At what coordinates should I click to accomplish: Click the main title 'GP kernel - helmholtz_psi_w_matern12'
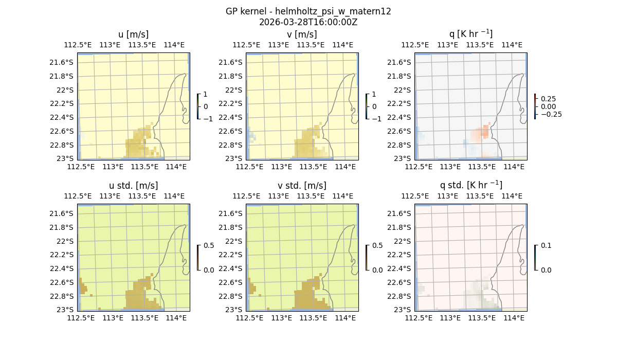[x=308, y=11]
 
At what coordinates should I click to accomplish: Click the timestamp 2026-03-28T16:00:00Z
[x=308, y=22]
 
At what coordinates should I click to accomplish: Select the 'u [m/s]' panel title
[x=133, y=34]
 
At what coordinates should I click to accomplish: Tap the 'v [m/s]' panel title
[x=302, y=34]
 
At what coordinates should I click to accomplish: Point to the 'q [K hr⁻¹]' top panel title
[x=470, y=34]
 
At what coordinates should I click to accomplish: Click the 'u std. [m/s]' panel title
[x=133, y=186]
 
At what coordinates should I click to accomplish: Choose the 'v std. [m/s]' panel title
[x=302, y=186]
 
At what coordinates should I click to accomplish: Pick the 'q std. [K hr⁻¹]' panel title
[x=470, y=185]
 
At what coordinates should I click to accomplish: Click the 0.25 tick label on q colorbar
[x=548, y=99]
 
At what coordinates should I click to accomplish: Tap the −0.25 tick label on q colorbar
[x=551, y=114]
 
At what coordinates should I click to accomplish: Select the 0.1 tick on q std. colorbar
[x=545, y=246]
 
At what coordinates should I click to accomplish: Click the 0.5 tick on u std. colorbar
[x=209, y=246]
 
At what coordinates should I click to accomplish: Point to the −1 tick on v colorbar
[x=376, y=118]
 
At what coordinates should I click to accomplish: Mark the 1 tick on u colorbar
[x=206, y=95]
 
